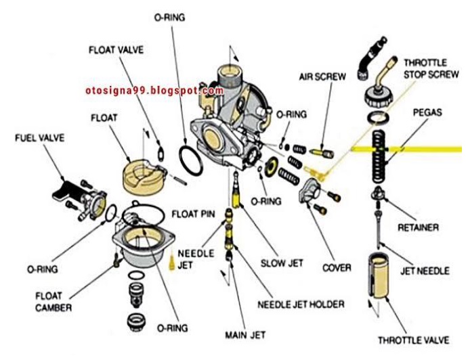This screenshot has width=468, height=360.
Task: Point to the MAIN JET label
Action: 245,335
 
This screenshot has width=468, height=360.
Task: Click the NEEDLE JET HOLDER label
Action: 301,303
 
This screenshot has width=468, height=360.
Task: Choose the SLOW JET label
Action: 282,263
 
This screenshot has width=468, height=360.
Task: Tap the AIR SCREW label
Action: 324,76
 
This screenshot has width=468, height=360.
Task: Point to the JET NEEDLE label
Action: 425,271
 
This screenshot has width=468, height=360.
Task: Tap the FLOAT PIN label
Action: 193,215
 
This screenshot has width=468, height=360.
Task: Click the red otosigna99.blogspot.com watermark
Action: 154,91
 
